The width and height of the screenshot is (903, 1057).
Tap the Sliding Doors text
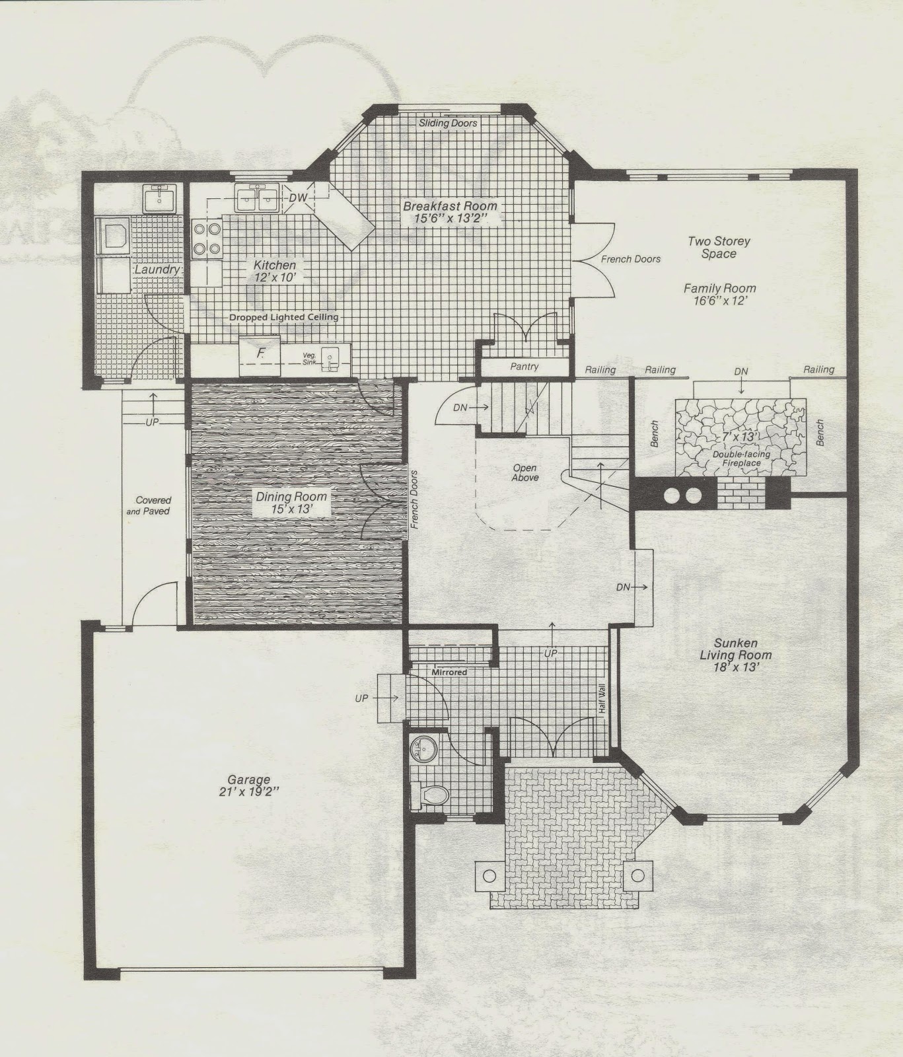[448, 123]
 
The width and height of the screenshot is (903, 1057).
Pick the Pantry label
[524, 366]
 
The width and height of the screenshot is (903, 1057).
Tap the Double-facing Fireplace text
[737, 458]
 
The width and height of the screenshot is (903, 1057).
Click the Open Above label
[525, 473]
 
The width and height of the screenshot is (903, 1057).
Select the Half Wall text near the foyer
[602, 696]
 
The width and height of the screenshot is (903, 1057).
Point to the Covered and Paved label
[153, 505]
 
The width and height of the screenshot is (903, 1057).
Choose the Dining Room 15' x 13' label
[293, 503]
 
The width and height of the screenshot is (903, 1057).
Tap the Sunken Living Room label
[735, 654]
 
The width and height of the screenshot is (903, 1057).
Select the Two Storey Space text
[719, 248]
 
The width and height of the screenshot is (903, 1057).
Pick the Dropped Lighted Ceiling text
[284, 317]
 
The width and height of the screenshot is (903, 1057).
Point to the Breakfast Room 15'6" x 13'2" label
[449, 213]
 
